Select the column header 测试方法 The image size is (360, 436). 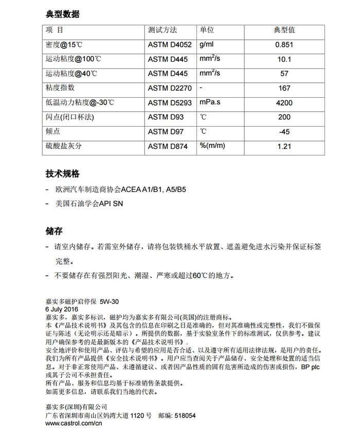pyautogui.click(x=162, y=30)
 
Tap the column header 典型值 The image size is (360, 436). pyautogui.click(x=284, y=30)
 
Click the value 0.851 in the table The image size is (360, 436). pyautogui.click(x=284, y=45)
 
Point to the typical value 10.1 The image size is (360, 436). pyautogui.click(x=284, y=59)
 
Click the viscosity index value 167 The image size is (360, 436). pyautogui.click(x=284, y=89)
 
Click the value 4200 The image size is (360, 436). pyautogui.click(x=284, y=103)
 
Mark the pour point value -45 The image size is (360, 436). pyautogui.click(x=284, y=132)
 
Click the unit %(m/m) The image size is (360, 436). pyautogui.click(x=212, y=146)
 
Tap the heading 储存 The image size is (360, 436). pyautogui.click(x=54, y=231)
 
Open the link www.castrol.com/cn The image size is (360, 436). pyautogui.click(x=74, y=423)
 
